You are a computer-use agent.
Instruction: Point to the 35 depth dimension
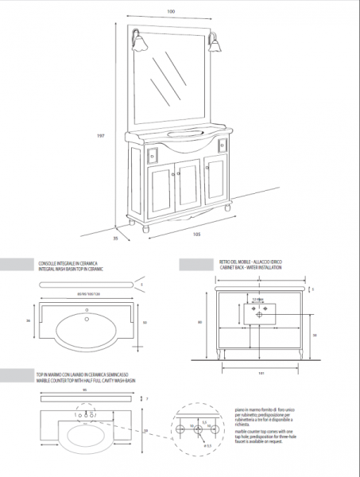click(115, 236)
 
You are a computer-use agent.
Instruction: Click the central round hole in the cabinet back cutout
click(259, 315)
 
